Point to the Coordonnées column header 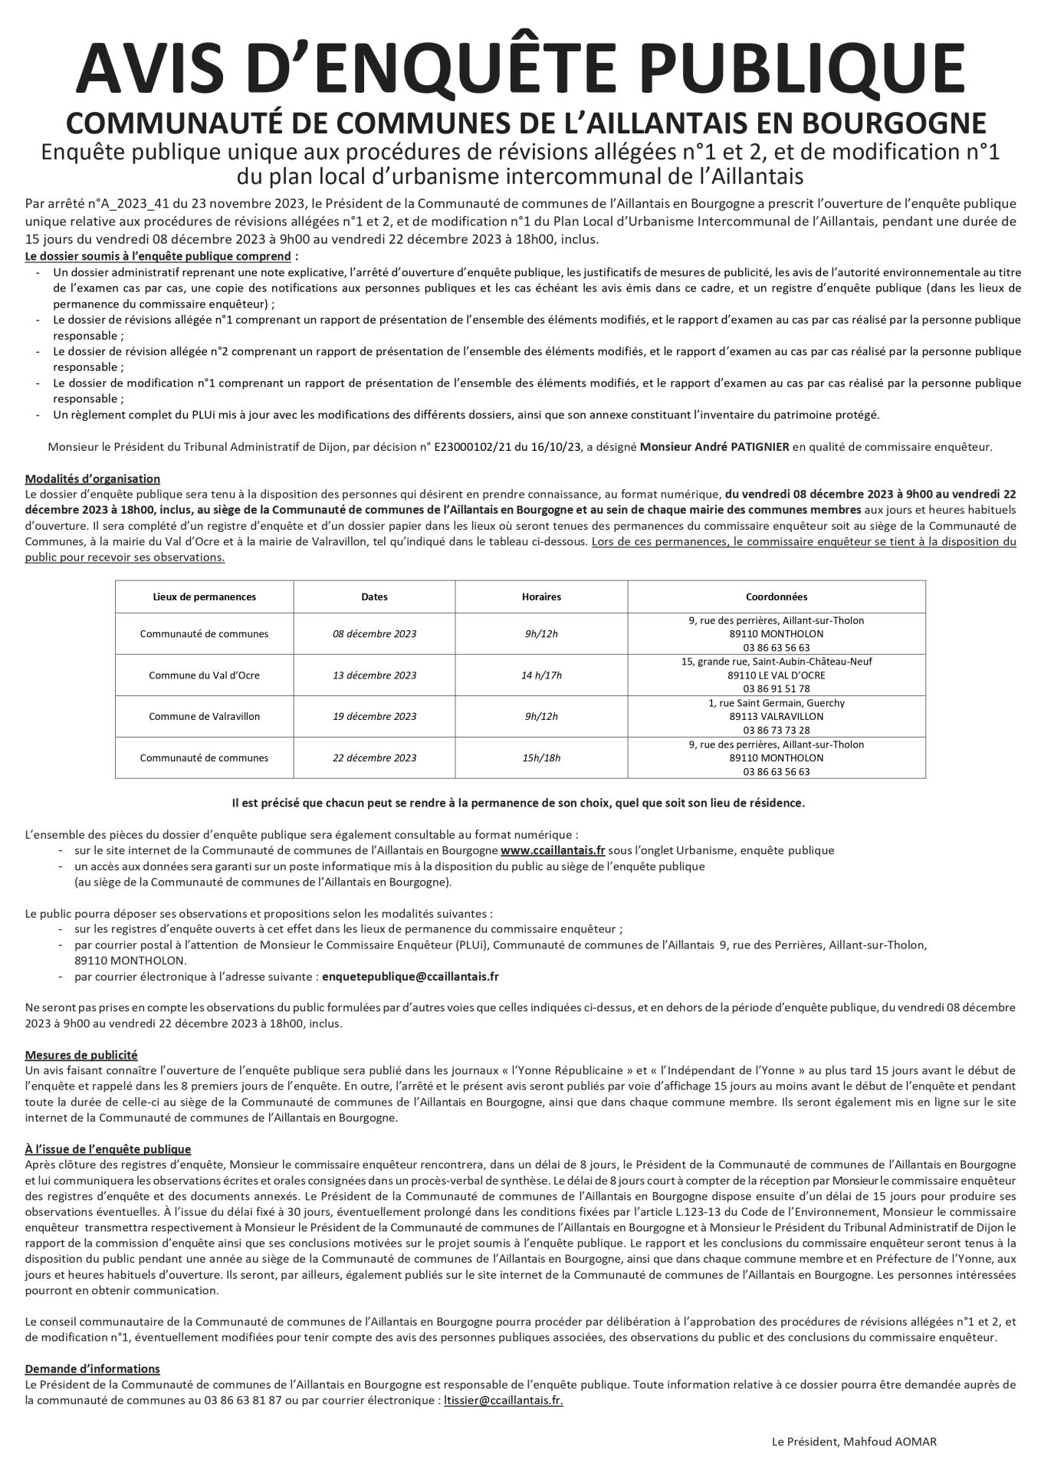776,596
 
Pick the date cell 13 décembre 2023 374,675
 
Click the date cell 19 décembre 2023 374,717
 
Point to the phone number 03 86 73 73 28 776,730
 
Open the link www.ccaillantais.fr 553,850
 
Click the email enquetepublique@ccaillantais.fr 410,977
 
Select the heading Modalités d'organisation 93,479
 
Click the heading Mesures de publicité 81,1055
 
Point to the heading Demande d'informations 93,1368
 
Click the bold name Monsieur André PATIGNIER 714,446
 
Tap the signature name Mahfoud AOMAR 890,1442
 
